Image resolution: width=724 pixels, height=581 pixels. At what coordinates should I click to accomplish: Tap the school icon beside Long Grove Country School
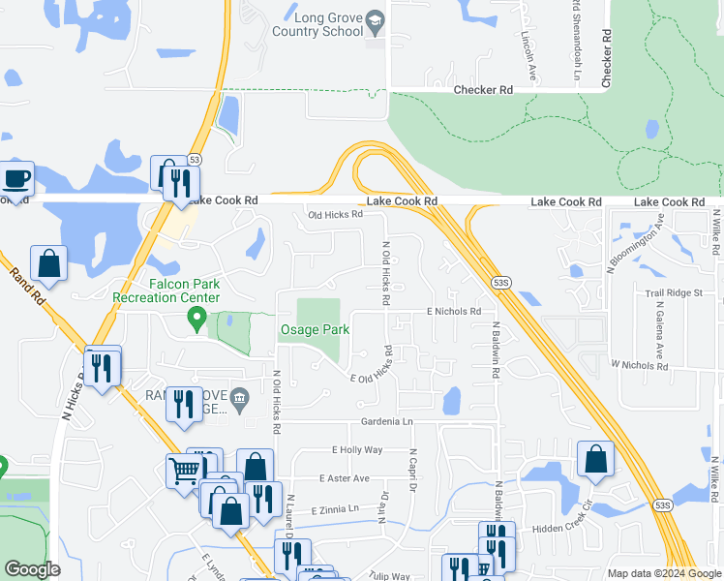pyautogui.click(x=377, y=20)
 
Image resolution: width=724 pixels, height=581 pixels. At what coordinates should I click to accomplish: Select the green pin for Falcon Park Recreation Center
pyautogui.click(x=198, y=318)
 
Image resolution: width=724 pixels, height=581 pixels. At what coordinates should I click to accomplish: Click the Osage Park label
pyautogui.click(x=315, y=330)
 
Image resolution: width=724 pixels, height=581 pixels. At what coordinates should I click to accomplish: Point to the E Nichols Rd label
pyautogui.click(x=454, y=312)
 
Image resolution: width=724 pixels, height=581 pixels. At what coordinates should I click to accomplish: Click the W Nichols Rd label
pyautogui.click(x=639, y=365)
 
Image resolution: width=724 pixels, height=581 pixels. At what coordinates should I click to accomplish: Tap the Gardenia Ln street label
pyautogui.click(x=386, y=422)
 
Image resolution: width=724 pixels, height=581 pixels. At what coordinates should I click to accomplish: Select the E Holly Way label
pyautogui.click(x=357, y=450)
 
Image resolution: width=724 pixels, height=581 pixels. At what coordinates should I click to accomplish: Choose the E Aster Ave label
pyautogui.click(x=344, y=478)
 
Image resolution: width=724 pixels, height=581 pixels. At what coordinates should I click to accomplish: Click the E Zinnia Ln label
pyautogui.click(x=335, y=508)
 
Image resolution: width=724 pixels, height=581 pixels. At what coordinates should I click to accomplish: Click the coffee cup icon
pyautogui.click(x=16, y=179)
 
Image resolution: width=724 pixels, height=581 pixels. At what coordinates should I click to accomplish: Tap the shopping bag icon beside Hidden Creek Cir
pyautogui.click(x=596, y=461)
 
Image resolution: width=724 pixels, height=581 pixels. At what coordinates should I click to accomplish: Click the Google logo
pyautogui.click(x=33, y=569)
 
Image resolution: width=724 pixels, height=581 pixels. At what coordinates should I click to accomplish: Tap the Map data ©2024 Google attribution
pyautogui.click(x=663, y=573)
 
